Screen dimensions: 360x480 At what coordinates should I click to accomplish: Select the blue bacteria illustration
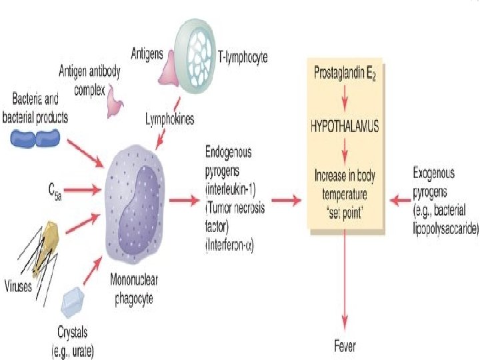pyautogui.click(x=37, y=139)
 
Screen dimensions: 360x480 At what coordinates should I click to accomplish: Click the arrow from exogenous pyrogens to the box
pyautogui.click(x=399, y=199)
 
